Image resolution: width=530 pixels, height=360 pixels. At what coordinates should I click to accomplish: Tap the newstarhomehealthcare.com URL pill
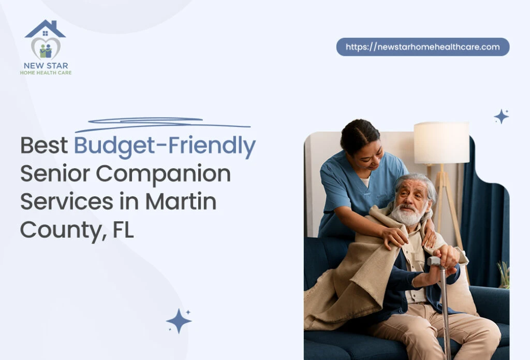point(422,47)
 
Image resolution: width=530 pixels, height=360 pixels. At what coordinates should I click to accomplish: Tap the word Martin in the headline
point(181,201)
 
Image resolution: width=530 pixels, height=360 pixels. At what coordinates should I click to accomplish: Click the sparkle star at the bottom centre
point(179,321)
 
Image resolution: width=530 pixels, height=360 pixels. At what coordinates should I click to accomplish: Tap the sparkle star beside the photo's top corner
point(501,117)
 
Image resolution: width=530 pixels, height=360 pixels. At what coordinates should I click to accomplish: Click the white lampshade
point(441,142)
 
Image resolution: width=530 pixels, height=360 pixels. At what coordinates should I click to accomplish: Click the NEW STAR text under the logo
point(46,66)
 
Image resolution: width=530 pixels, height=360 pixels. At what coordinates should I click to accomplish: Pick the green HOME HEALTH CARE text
point(46,73)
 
